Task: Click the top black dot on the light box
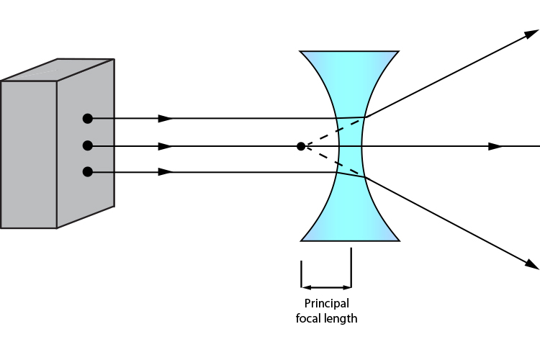(x=87, y=118)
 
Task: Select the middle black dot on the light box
(x=87, y=146)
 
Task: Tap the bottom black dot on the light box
(x=87, y=171)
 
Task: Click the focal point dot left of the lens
(x=301, y=146)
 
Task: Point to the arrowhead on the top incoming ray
(x=166, y=118)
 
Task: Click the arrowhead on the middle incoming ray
(x=166, y=146)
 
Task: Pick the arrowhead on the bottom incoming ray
(x=166, y=171)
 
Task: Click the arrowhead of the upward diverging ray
(x=531, y=35)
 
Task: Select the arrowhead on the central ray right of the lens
(x=495, y=146)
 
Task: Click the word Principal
(x=326, y=303)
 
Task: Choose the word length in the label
(x=341, y=318)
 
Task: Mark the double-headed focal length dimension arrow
(x=326, y=287)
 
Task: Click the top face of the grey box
(x=58, y=70)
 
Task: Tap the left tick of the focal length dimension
(x=302, y=274)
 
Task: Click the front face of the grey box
(x=29, y=155)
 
